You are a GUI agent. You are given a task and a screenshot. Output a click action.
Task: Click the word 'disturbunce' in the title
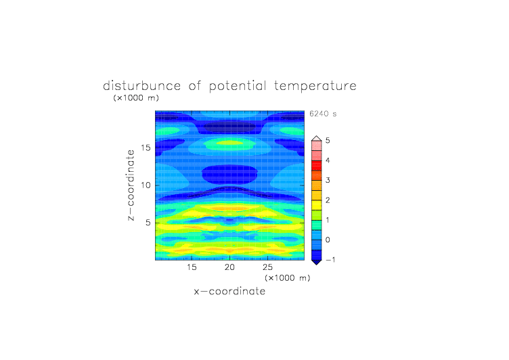[142, 86]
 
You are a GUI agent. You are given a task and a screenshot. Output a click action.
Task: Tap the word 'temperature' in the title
[315, 87]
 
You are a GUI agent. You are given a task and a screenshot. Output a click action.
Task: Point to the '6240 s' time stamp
[323, 114]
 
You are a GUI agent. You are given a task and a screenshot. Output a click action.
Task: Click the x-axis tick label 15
[192, 267]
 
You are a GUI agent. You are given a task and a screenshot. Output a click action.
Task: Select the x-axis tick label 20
[229, 267]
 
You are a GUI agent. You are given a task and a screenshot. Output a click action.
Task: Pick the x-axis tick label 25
[267, 267]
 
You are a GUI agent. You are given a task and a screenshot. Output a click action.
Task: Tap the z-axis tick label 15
[146, 148]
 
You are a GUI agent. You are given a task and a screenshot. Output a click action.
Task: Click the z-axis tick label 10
[146, 185]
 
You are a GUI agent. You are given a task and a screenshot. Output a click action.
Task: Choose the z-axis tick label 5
[148, 223]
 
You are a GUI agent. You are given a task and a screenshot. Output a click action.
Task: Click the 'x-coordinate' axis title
[230, 291]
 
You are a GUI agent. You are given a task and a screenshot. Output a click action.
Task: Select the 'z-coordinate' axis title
[131, 185]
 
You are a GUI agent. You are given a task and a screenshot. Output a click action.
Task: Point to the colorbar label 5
[328, 141]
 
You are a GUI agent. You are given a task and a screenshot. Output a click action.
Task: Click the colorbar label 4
[328, 160]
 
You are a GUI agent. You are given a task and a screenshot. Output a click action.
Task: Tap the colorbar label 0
[328, 240]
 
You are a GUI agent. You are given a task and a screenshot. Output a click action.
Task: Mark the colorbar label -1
[330, 260]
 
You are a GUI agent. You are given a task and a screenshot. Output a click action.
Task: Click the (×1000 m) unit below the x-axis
[288, 278]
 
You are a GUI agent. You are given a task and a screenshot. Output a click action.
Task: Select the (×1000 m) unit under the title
[136, 98]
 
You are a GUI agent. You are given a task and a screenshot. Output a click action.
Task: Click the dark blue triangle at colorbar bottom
[317, 262]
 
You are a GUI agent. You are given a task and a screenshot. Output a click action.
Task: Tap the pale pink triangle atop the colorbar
[317, 139]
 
